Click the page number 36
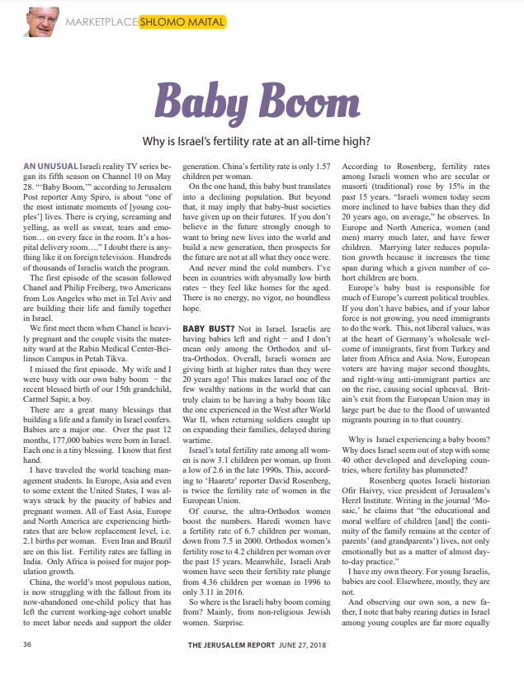tap(28, 643)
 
